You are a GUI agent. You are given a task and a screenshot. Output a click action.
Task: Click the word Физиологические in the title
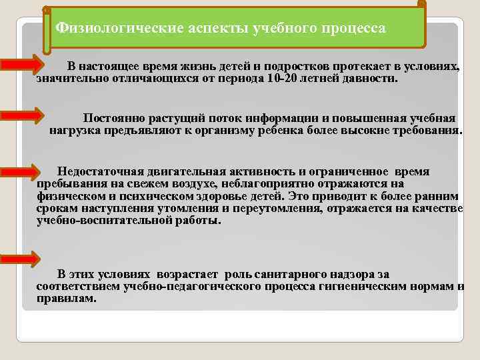click(x=107, y=29)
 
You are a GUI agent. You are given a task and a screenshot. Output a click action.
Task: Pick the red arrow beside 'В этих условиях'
click(x=22, y=262)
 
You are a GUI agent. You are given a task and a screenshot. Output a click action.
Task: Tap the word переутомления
click(x=283, y=208)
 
